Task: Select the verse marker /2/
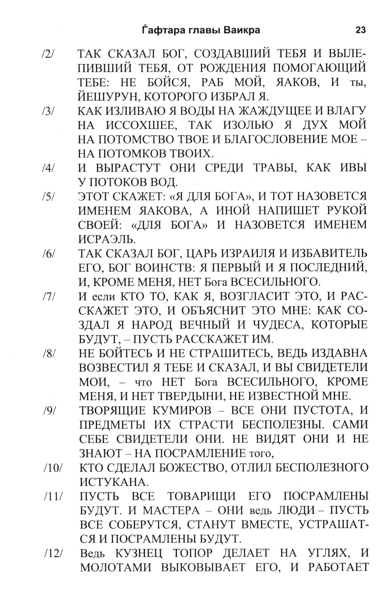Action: [48, 55]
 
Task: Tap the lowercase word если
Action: [103, 297]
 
